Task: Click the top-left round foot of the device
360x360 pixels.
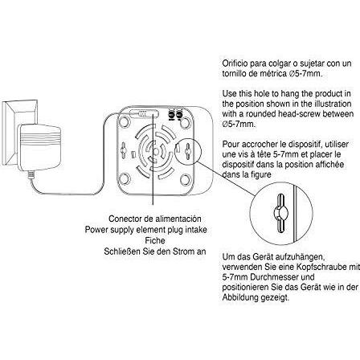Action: coord(125,121)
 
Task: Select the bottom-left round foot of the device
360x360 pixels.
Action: coord(125,178)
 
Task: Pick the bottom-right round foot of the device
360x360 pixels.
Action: coord(185,178)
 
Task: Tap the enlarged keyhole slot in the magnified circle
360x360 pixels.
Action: coord(280,213)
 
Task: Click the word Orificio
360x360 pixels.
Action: coord(235,63)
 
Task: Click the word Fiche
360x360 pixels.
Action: coord(155,240)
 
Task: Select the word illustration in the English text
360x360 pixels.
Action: coord(333,104)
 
